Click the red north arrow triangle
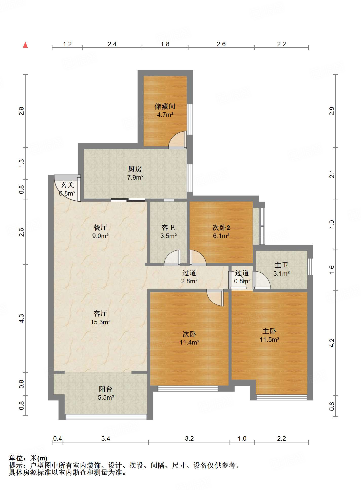[x=25, y=45]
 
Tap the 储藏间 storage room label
[x=165, y=106]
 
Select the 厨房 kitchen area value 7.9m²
[x=135, y=178]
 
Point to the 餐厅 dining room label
[x=100, y=227]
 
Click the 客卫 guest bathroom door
[x=172, y=258]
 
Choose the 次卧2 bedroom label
[x=221, y=228]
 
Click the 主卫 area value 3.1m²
[x=281, y=274]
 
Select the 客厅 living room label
[x=100, y=314]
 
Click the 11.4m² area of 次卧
[x=189, y=343]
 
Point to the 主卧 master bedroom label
[x=269, y=331]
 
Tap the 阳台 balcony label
[x=106, y=389]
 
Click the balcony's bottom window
[x=106, y=417]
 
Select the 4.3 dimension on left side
[x=22, y=318]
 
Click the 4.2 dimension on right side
[x=332, y=343]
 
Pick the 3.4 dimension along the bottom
[x=106, y=438]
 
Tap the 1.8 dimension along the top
[x=165, y=44]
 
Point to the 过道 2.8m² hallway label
[x=189, y=277]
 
